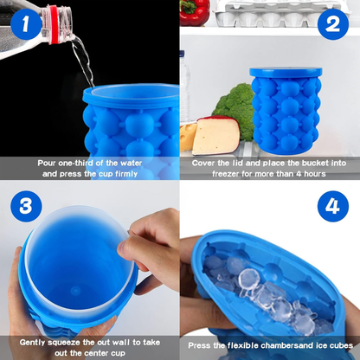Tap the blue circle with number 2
coord(332,26)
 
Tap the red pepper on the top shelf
coord(196,11)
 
